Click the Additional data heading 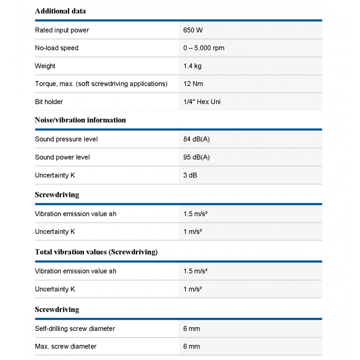[60, 11]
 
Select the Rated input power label [62, 30]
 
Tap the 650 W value [193, 30]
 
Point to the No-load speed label [57, 48]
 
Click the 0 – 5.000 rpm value [204, 48]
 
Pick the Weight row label [45, 66]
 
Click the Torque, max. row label [101, 84]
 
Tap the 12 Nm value [193, 84]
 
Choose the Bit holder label [49, 102]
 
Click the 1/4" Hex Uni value [202, 102]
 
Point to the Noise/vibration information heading [80, 120]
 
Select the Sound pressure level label [66, 139]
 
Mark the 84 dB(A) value [197, 139]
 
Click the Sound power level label [62, 157]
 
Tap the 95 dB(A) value [197, 157]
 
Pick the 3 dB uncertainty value [190, 175]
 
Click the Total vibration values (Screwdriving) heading [96, 252]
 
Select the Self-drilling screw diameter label [75, 329]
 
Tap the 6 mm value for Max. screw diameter [192, 347]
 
